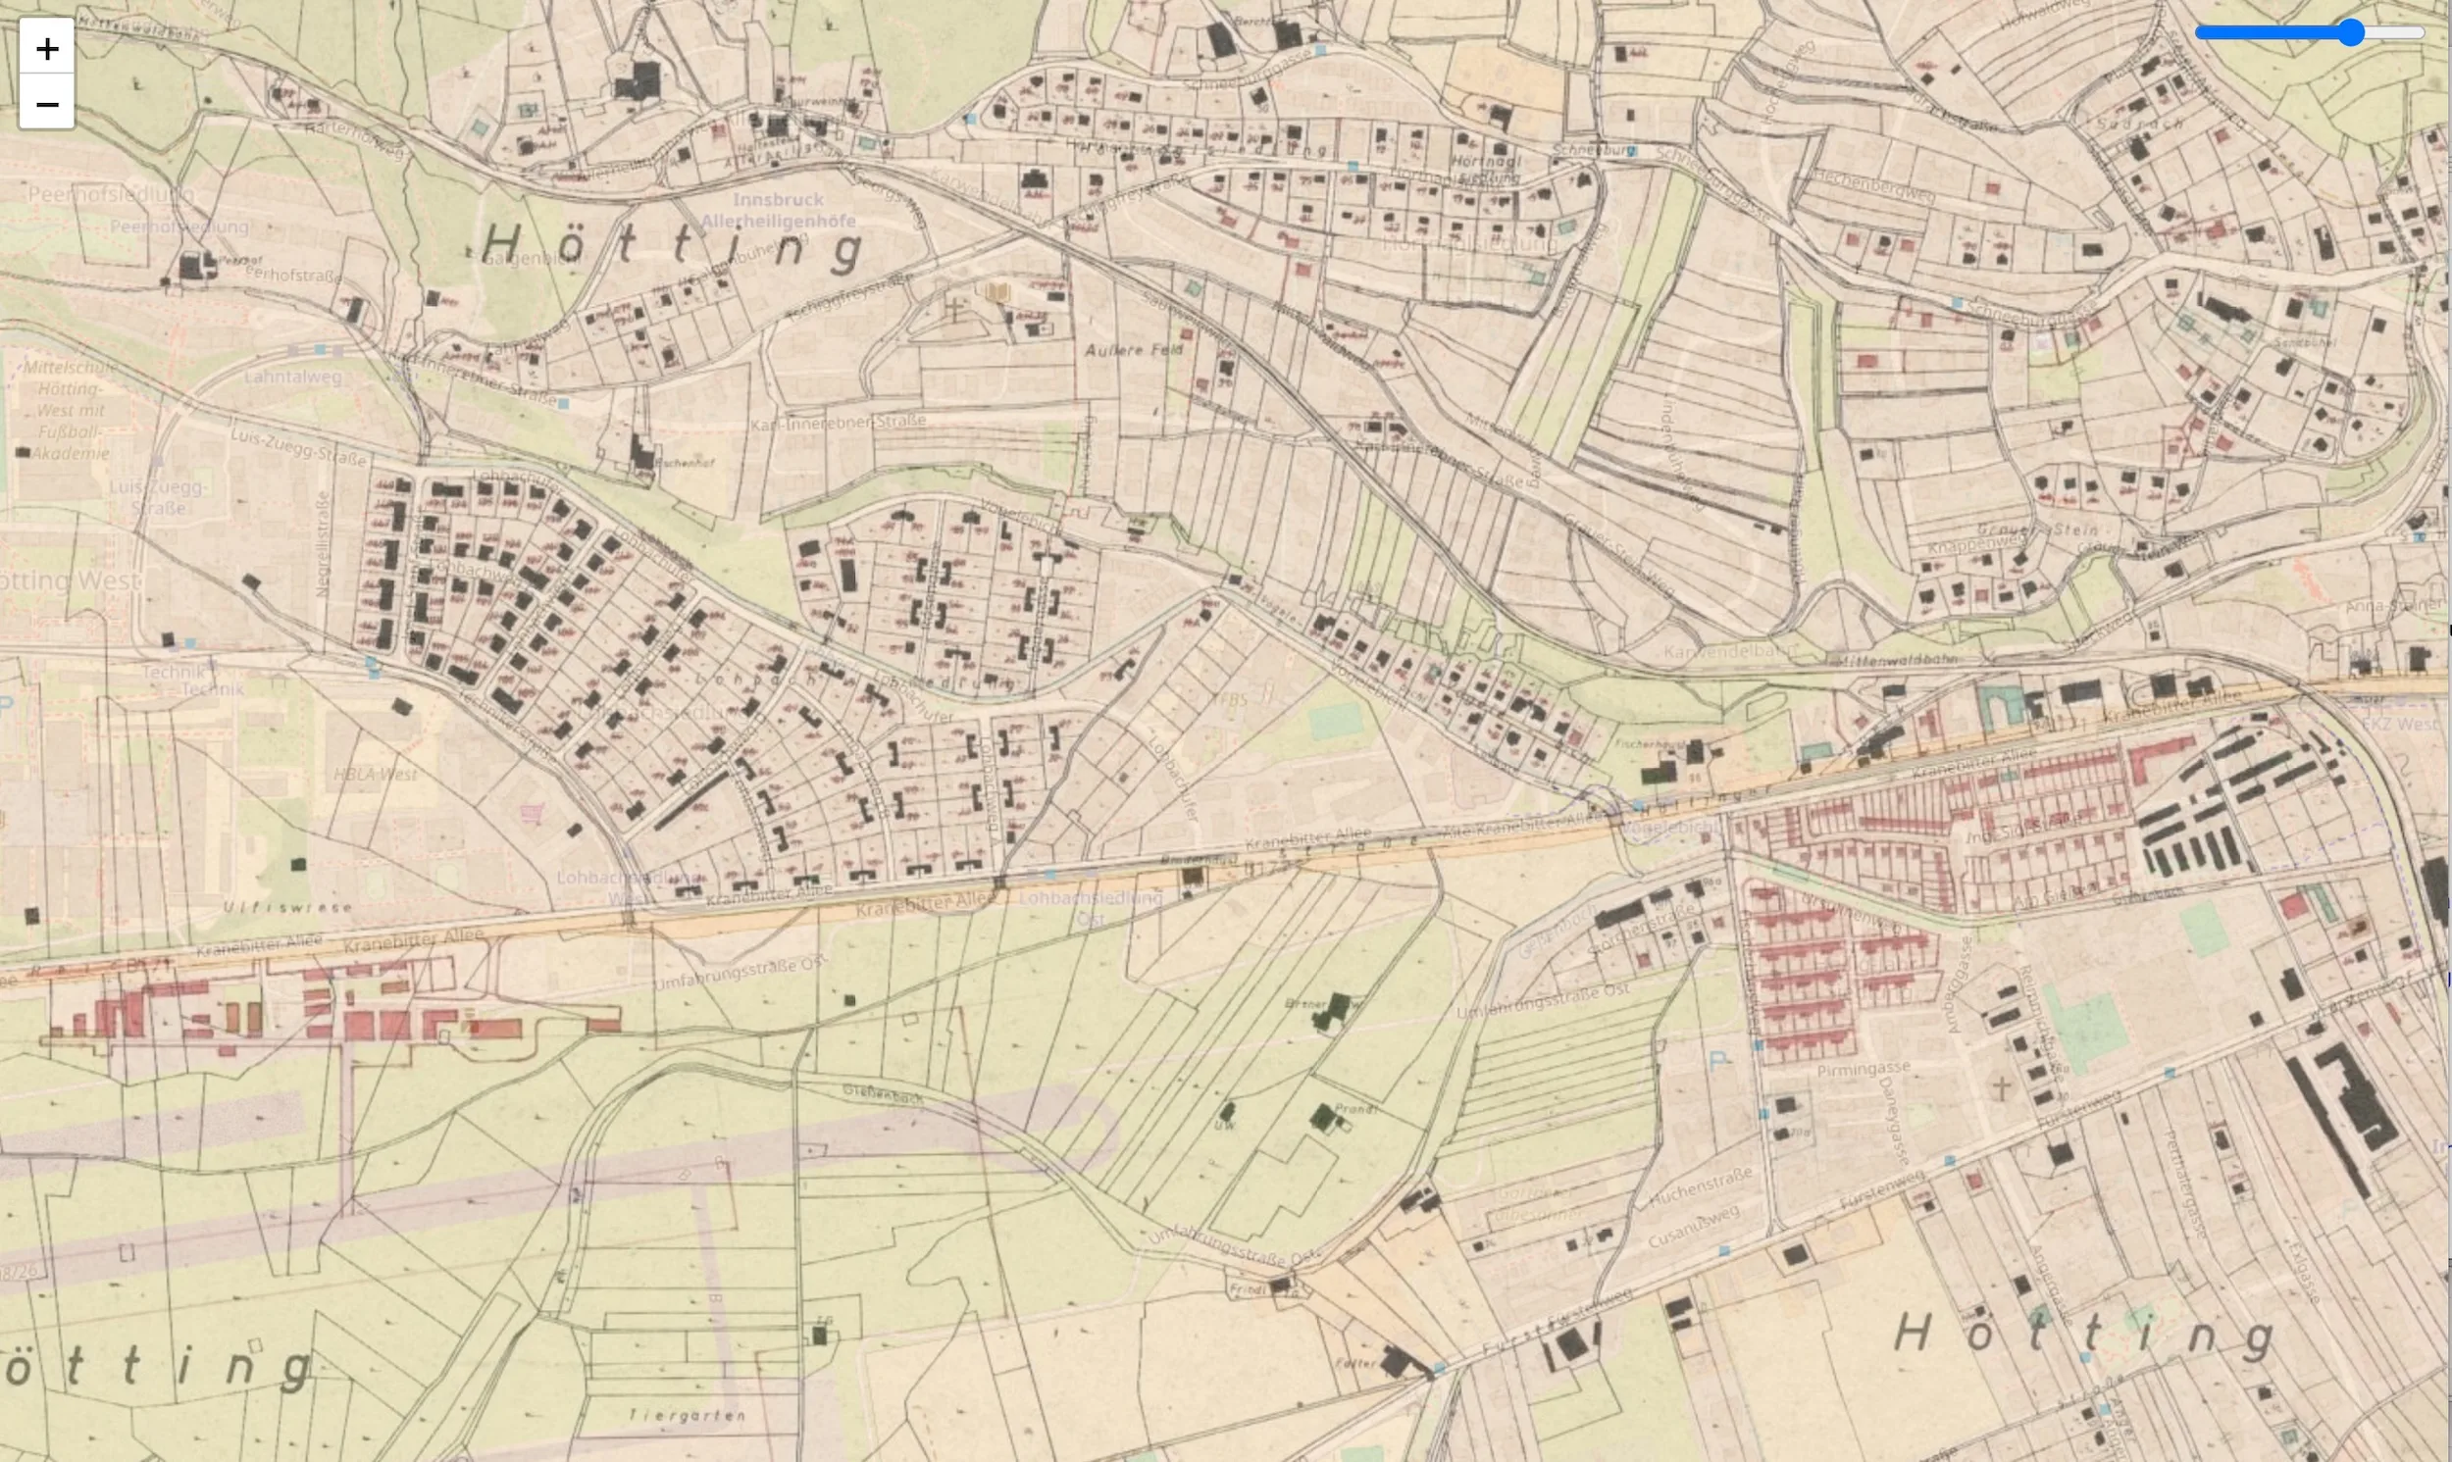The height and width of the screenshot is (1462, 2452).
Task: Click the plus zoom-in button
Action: [46, 47]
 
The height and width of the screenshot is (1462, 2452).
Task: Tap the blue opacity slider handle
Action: [2351, 32]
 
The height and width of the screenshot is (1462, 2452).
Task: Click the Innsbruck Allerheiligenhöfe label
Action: [778, 210]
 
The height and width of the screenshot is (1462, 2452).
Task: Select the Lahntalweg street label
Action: [292, 377]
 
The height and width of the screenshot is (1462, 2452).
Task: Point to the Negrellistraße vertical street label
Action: [322, 544]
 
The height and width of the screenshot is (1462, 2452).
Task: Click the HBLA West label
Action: [376, 775]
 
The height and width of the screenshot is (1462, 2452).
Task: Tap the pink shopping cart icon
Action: [532, 813]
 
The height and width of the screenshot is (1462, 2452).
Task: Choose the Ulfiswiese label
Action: [286, 906]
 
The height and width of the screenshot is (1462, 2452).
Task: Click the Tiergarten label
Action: [687, 1415]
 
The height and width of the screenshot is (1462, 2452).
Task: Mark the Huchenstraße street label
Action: [1701, 1188]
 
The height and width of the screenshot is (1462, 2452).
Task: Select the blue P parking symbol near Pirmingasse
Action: [1719, 1061]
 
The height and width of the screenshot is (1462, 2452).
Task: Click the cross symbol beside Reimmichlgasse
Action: [2001, 1087]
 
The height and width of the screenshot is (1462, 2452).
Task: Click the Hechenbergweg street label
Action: [1872, 186]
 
